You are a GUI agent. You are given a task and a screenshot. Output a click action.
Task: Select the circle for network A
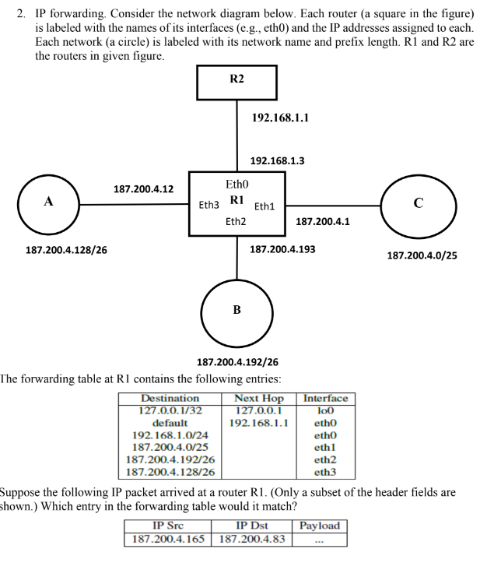click(x=48, y=204)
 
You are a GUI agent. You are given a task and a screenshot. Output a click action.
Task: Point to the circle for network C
click(x=418, y=204)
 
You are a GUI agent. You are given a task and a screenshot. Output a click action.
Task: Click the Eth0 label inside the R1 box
click(x=236, y=185)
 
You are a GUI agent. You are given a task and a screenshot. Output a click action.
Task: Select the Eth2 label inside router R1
click(x=236, y=222)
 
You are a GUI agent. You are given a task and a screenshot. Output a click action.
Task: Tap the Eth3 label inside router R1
click(x=208, y=206)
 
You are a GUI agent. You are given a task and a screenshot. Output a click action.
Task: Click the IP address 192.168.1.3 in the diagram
click(x=277, y=160)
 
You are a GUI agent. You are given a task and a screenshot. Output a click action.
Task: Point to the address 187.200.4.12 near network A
click(x=143, y=189)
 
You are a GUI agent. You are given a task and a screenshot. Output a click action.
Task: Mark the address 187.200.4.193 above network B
click(x=282, y=249)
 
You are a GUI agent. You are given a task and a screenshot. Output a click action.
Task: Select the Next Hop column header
click(x=259, y=399)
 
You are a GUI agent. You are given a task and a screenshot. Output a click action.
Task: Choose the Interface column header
click(x=325, y=399)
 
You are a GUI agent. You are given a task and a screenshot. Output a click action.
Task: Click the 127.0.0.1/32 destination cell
click(x=170, y=410)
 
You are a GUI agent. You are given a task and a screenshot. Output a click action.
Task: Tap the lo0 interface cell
click(x=325, y=410)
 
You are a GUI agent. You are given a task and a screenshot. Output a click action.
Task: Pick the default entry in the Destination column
click(x=170, y=423)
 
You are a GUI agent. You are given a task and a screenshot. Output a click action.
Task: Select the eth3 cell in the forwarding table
click(x=325, y=471)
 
